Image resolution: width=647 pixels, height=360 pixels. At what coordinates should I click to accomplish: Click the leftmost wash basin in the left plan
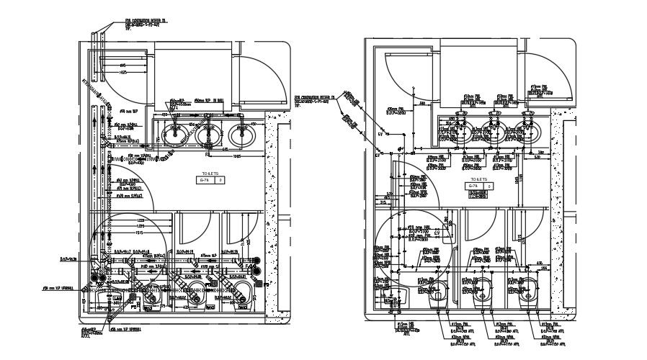175,133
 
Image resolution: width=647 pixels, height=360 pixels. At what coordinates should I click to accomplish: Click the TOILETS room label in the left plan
210,174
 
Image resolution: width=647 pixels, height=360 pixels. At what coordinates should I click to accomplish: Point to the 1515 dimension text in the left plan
141,233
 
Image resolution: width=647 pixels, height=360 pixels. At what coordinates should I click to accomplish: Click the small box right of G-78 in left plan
221,181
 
